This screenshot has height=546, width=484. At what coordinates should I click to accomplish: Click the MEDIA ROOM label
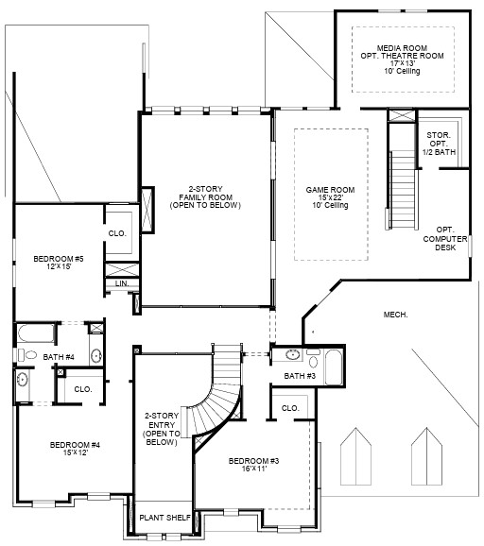tap(403, 56)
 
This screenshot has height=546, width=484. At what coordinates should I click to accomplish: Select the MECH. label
tap(395, 315)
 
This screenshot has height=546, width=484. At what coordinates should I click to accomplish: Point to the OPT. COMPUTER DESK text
tap(444, 239)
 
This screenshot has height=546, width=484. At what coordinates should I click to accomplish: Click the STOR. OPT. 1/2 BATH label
tap(438, 145)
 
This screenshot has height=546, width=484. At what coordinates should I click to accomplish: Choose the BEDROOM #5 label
tap(59, 262)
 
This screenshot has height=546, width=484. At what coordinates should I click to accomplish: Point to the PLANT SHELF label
tap(165, 518)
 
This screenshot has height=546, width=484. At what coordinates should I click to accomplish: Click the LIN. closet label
tap(121, 283)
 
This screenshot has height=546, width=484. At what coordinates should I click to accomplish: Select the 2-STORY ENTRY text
tap(162, 429)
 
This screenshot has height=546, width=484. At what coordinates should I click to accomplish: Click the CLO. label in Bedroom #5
tap(116, 232)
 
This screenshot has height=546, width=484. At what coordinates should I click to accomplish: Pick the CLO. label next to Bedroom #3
tap(290, 408)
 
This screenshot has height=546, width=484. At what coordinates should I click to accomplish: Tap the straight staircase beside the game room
tap(404, 184)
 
